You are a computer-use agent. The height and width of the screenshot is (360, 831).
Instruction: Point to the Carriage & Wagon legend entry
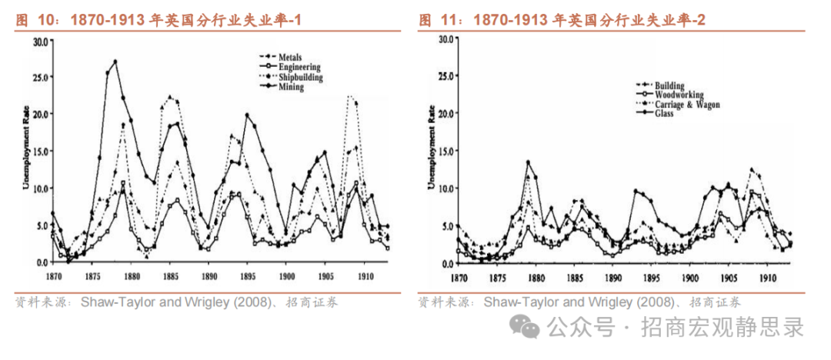click(x=686, y=105)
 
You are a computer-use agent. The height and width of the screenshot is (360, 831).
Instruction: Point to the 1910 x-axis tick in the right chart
click(x=766, y=277)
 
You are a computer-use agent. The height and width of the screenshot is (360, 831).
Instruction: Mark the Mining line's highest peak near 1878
click(x=115, y=62)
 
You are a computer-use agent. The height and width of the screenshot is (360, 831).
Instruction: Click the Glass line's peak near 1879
click(x=529, y=162)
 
